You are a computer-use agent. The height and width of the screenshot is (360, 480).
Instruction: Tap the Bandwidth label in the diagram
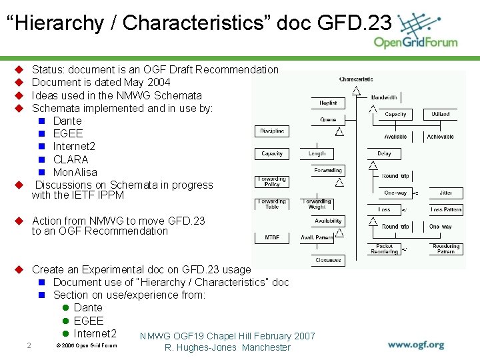[384, 98]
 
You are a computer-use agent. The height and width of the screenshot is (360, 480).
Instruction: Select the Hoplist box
[328, 103]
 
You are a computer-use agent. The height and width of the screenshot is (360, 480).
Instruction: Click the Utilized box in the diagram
[441, 115]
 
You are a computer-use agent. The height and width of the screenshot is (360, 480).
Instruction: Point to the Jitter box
[445, 193]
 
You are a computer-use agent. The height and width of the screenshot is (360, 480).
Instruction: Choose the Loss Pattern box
[445, 209]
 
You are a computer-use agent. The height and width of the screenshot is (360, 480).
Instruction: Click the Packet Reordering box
[384, 249]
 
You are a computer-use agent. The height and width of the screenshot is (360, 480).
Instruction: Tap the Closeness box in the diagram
[328, 260]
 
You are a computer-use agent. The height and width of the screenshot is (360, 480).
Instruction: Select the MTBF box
[272, 237]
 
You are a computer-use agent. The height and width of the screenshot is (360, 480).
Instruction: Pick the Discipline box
[272, 131]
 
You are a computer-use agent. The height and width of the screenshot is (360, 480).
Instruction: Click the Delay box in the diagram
[384, 154]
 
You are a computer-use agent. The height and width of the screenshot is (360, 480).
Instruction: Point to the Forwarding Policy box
[272, 182]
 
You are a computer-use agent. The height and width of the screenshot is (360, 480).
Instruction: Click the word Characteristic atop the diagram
[356, 80]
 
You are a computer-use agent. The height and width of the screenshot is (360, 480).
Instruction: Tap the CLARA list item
[71, 159]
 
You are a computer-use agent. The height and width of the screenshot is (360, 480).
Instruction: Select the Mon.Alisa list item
[75, 172]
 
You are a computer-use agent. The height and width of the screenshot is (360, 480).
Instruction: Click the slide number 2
[28, 345]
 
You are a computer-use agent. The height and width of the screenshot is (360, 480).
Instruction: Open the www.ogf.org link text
[416, 345]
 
